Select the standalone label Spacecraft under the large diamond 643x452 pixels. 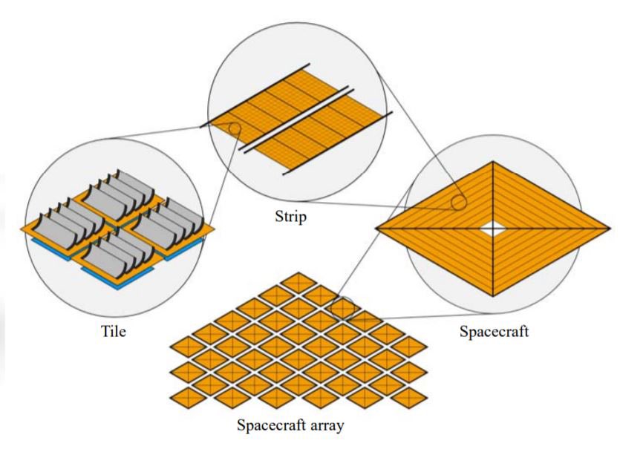pyautogui.click(x=494, y=331)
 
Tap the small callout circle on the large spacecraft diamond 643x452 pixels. pyautogui.click(x=459, y=201)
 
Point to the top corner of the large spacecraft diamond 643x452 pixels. pyautogui.click(x=494, y=162)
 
